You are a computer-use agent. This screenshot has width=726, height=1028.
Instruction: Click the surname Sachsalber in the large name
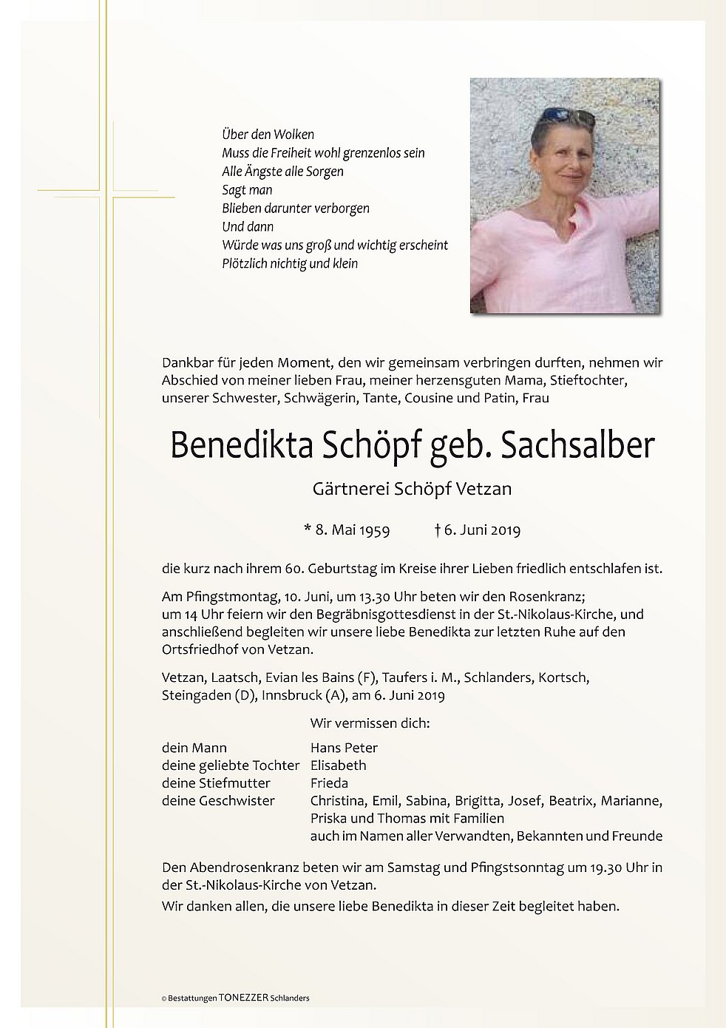click(578, 445)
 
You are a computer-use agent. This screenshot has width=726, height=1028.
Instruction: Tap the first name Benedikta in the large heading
click(244, 445)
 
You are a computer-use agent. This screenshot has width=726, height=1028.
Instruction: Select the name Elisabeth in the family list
click(339, 765)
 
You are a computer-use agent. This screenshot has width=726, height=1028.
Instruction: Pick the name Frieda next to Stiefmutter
click(330, 783)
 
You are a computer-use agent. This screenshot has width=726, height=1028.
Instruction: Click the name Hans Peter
click(345, 748)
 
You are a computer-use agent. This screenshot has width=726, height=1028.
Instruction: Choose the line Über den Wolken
click(268, 135)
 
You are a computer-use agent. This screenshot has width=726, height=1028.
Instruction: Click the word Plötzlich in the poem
click(247, 263)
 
